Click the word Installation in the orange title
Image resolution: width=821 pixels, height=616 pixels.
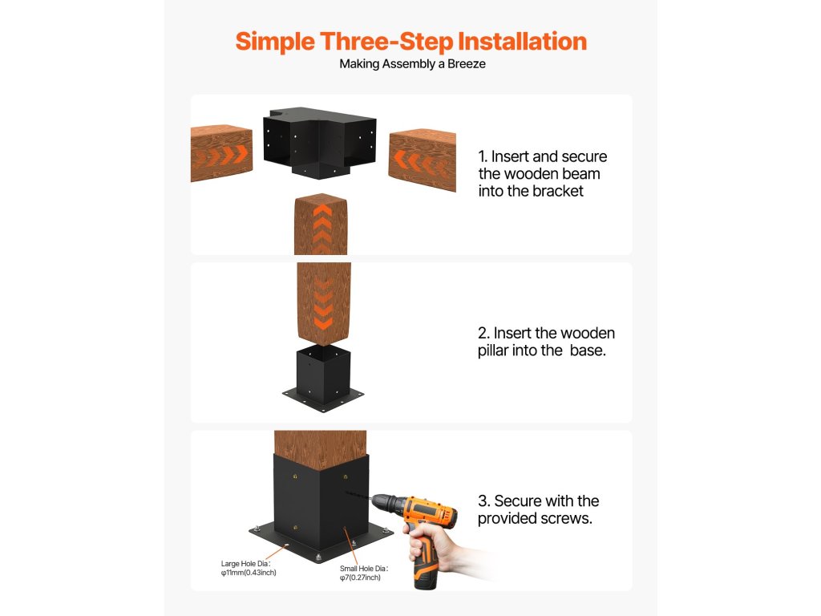point(523,42)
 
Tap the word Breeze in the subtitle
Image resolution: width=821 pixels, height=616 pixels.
point(466,64)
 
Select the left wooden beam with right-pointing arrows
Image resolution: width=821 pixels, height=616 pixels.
point(221,152)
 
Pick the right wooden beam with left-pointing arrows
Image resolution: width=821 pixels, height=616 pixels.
point(422,160)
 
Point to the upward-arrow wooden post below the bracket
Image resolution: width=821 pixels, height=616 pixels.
point(321,225)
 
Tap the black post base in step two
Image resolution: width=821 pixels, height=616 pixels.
point(323,379)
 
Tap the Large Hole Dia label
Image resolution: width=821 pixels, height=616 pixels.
point(245,564)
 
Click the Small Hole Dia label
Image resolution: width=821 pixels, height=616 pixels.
point(364,569)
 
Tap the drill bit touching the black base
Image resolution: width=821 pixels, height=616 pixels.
point(358,495)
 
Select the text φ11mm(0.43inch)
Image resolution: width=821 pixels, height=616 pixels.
point(249,573)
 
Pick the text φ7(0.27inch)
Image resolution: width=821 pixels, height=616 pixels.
point(360,577)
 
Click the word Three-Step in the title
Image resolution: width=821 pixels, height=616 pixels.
point(386,42)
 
